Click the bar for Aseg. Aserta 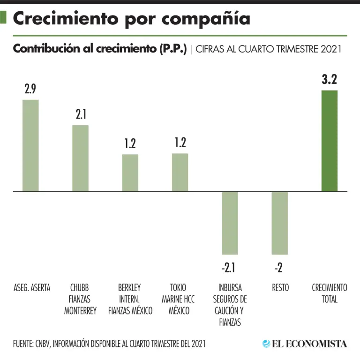click(x=31, y=146)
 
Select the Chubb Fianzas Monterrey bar click(x=80, y=158)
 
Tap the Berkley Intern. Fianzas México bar click(x=130, y=173)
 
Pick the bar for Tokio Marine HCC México click(x=180, y=172)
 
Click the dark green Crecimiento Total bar click(x=330, y=141)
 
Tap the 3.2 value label click(x=330, y=80)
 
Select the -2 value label click(x=279, y=268)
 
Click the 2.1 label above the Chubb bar click(x=80, y=115)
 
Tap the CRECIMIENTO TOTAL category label click(x=330, y=293)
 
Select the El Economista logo click(x=305, y=344)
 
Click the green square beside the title click(x=4, y=18)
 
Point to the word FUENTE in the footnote click(x=23, y=344)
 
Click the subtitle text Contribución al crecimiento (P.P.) click(x=100, y=49)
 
